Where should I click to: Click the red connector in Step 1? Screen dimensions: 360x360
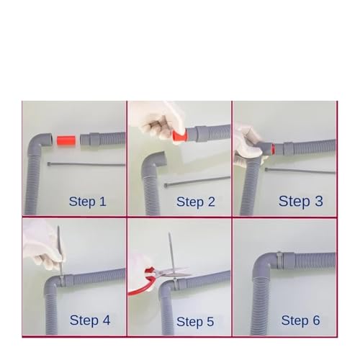66,140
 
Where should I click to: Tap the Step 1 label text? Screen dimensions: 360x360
87,202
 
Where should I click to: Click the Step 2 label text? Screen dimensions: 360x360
196,202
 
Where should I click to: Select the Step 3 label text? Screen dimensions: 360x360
300,201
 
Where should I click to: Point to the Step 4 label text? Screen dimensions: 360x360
90,320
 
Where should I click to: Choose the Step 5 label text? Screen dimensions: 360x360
195,322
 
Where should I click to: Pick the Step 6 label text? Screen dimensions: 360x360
300,320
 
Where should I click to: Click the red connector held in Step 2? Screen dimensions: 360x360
179,136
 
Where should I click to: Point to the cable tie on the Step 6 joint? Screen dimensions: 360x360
279,260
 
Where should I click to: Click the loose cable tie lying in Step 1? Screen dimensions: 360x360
86,164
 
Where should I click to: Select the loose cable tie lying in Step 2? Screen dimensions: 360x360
197,181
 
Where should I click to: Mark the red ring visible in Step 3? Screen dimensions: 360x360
273,149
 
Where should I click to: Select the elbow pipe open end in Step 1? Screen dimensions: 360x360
50,140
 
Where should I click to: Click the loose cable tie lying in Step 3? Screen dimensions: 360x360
300,171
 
